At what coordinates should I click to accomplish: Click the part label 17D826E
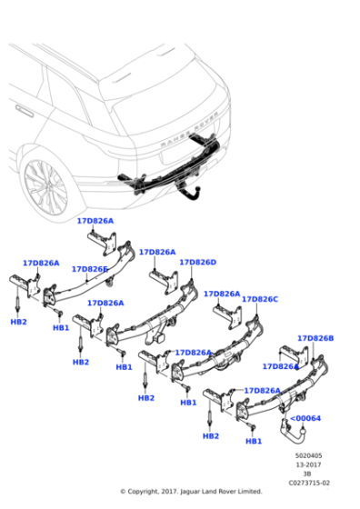[89, 269]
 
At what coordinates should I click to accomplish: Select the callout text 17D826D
[197, 262]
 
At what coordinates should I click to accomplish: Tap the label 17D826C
[260, 299]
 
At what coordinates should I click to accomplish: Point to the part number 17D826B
[315, 338]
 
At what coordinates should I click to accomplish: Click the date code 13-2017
[311, 464]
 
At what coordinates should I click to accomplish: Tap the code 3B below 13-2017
[311, 474]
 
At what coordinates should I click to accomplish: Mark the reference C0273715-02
[311, 483]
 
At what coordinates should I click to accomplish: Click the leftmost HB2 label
[18, 322]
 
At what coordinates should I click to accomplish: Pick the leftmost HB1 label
[61, 327]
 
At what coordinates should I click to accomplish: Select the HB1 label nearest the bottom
[254, 441]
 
